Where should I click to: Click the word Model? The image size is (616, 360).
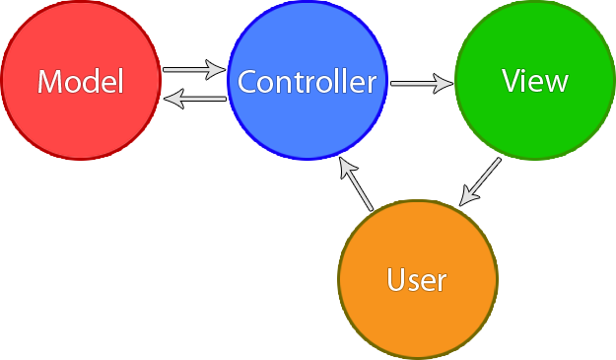[81, 82]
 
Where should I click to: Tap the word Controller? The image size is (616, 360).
[307, 82]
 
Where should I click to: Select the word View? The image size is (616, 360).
[534, 81]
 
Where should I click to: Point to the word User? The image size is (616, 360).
[417, 280]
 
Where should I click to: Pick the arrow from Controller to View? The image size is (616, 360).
[422, 83]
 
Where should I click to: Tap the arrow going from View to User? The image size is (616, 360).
[481, 182]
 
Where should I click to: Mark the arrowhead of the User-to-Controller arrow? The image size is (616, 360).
[346, 166]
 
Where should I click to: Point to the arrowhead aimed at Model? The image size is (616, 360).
[171, 97]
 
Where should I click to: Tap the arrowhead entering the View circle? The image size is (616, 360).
[445, 83]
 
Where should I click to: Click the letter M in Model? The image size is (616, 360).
[48, 82]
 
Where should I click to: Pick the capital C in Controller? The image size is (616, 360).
[246, 82]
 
